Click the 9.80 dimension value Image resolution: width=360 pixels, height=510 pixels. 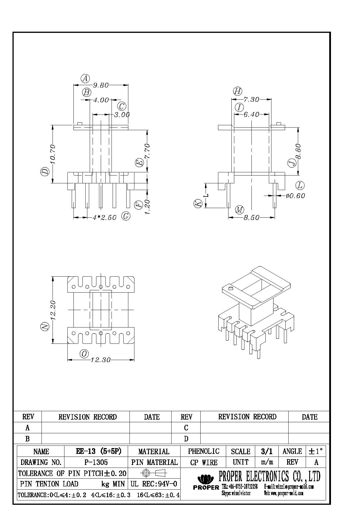100,85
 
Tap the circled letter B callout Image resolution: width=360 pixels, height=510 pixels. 87,93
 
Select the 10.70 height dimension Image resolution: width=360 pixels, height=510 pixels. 52,154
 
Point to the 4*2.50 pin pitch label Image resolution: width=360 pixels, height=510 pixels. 105,218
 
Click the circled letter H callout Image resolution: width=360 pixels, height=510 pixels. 237,91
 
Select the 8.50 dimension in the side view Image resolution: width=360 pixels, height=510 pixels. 251,218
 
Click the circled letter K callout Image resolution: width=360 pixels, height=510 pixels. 198,203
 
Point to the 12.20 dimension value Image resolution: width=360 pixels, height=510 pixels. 53,310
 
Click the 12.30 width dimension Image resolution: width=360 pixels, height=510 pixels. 100,360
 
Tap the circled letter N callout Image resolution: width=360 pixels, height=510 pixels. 44,327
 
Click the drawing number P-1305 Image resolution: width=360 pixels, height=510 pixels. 96,462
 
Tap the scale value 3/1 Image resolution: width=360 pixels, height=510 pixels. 267,451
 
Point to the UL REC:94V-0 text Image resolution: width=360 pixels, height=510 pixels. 154,484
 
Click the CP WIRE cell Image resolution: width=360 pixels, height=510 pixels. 204,462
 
